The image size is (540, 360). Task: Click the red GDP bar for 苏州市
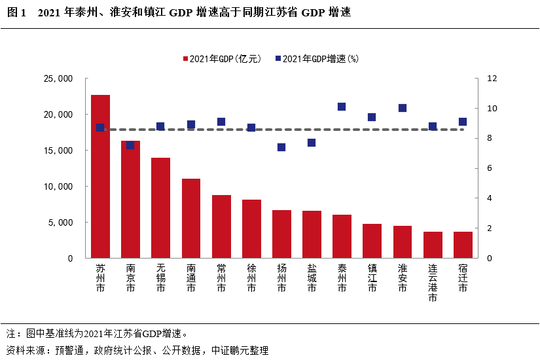click(x=100, y=177)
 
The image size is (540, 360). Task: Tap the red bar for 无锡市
click(x=160, y=208)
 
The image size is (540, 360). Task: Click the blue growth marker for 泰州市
click(x=342, y=107)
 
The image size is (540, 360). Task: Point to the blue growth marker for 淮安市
click(x=403, y=108)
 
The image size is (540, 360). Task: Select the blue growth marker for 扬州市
click(x=281, y=147)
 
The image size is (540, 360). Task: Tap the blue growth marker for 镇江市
click(x=372, y=117)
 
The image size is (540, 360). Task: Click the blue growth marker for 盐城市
click(x=312, y=143)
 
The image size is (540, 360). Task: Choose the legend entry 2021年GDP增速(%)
click(x=317, y=59)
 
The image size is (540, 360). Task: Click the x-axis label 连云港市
click(x=433, y=283)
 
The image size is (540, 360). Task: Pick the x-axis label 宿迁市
click(x=463, y=278)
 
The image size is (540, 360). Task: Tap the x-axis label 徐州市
click(x=251, y=278)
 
